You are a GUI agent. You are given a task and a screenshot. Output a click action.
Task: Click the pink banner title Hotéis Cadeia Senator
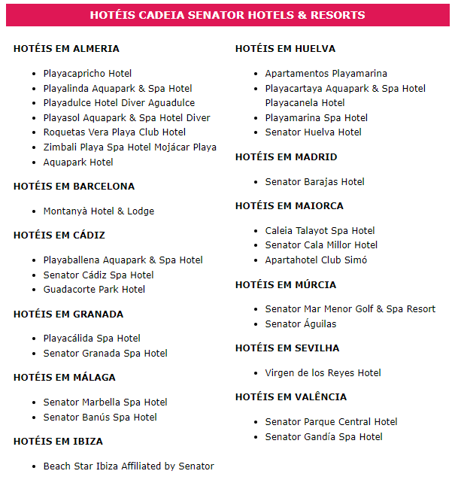(x=227, y=15)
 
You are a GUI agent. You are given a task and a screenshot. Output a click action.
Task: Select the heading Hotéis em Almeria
(x=66, y=49)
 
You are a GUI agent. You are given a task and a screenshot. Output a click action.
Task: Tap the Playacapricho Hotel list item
(x=87, y=74)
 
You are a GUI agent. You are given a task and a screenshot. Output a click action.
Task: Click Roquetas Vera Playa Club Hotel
(x=114, y=132)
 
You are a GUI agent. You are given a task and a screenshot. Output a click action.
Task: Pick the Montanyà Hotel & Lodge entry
(x=99, y=211)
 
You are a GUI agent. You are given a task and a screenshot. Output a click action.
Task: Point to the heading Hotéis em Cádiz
(x=59, y=235)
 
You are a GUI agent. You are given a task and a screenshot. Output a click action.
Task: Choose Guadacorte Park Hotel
(x=94, y=290)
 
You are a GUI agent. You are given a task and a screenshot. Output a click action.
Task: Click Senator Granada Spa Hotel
(x=105, y=354)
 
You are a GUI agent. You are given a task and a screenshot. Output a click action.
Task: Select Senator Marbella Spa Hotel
(x=105, y=402)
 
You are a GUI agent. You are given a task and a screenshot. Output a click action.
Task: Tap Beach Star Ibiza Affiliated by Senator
(x=129, y=466)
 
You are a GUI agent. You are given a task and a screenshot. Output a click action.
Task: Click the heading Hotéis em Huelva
(x=285, y=49)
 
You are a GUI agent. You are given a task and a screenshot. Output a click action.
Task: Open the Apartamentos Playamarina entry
(x=326, y=74)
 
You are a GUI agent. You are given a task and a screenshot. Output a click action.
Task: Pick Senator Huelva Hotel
(x=313, y=132)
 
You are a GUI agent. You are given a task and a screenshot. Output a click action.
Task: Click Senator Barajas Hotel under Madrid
(x=314, y=182)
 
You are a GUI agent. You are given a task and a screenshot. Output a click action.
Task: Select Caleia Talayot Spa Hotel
(x=320, y=231)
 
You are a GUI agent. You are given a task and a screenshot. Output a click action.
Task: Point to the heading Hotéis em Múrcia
(x=286, y=285)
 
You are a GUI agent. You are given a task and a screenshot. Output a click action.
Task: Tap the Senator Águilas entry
(x=300, y=324)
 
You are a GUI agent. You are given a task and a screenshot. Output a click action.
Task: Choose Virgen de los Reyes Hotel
(x=323, y=373)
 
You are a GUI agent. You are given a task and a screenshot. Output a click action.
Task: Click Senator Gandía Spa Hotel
(x=323, y=437)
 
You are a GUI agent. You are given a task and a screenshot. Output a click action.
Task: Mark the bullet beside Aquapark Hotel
(x=35, y=163)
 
